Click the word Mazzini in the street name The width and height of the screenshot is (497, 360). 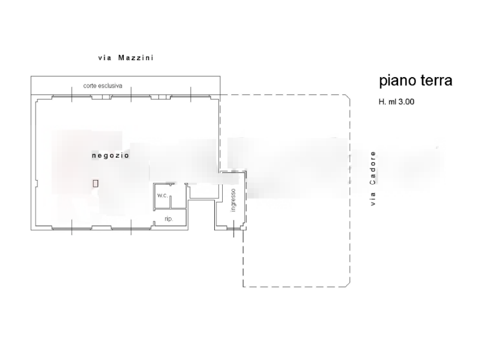136,58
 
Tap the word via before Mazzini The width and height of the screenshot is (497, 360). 104,58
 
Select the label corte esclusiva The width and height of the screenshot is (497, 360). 103,86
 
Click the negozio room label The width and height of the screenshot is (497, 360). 110,156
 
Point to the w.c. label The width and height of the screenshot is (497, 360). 163,195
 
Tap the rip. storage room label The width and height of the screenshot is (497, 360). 169,219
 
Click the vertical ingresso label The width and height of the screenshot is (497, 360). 233,200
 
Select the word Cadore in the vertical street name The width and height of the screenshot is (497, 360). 373,168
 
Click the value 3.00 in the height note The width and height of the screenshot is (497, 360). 407,102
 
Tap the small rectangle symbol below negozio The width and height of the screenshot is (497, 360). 95,183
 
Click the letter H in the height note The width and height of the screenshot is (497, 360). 382,102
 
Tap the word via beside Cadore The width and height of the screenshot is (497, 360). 373,199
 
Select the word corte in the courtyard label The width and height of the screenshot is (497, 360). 89,86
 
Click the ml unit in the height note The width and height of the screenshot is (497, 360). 392,102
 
